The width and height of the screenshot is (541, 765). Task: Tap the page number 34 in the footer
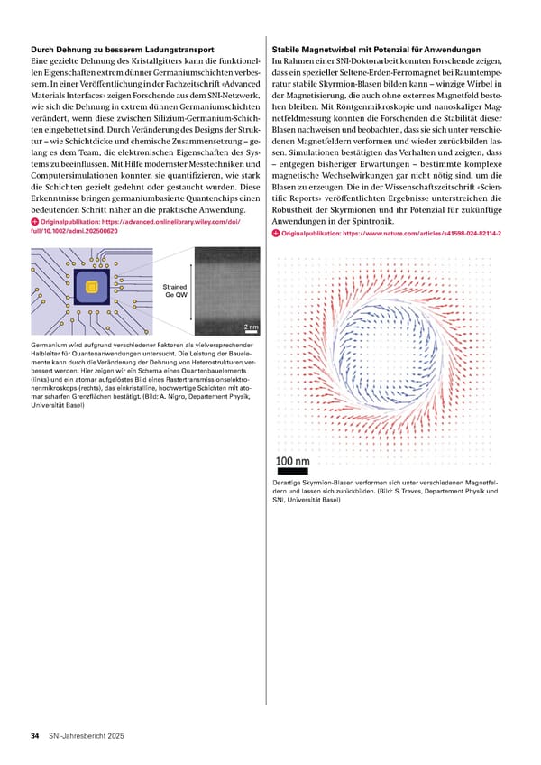pyautogui.click(x=34, y=736)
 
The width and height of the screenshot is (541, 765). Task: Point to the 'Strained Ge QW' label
pyautogui.click(x=176, y=291)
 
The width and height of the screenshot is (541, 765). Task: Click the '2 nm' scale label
pyautogui.click(x=250, y=327)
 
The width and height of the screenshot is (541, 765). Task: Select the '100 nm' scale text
pyautogui.click(x=292, y=462)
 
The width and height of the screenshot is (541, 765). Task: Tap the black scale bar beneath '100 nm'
pyautogui.click(x=292, y=471)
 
